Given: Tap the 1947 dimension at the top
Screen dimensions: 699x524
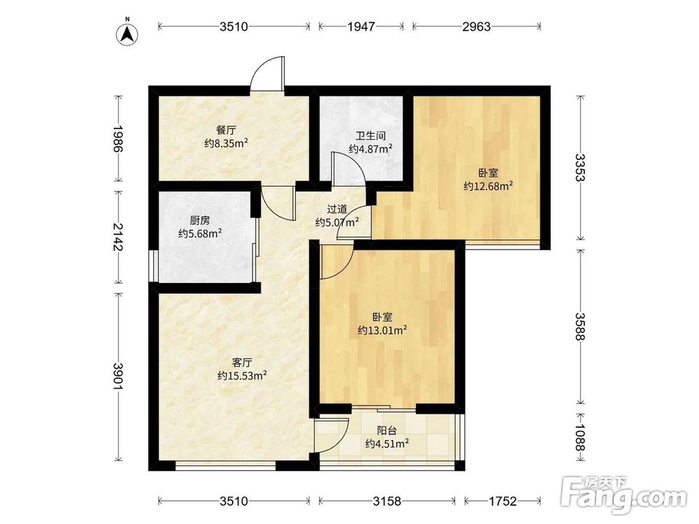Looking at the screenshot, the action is [x=361, y=27].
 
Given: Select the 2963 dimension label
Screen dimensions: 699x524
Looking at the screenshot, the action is [x=476, y=27].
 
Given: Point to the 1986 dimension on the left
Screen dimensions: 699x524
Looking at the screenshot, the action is [x=117, y=139].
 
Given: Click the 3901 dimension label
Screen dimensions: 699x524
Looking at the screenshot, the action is [x=117, y=377].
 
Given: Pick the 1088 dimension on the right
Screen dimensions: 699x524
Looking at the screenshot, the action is [x=580, y=437].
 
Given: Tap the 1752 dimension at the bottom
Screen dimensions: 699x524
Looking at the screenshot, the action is [x=503, y=501].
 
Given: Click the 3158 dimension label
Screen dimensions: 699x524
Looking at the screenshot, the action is [x=387, y=501].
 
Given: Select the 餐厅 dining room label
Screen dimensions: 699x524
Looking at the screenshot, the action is [x=226, y=131].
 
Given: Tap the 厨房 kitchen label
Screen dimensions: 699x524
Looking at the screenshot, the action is [x=200, y=221].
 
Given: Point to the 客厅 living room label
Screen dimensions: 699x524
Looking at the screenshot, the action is [x=242, y=362].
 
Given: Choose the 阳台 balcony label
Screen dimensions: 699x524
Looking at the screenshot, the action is [x=387, y=431].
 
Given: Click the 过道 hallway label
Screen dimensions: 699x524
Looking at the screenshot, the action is [x=337, y=209].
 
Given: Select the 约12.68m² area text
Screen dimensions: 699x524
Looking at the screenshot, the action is [x=488, y=186].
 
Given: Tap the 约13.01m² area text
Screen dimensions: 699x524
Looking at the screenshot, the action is [x=382, y=330].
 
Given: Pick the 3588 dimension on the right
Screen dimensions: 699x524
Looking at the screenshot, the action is [x=580, y=326].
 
